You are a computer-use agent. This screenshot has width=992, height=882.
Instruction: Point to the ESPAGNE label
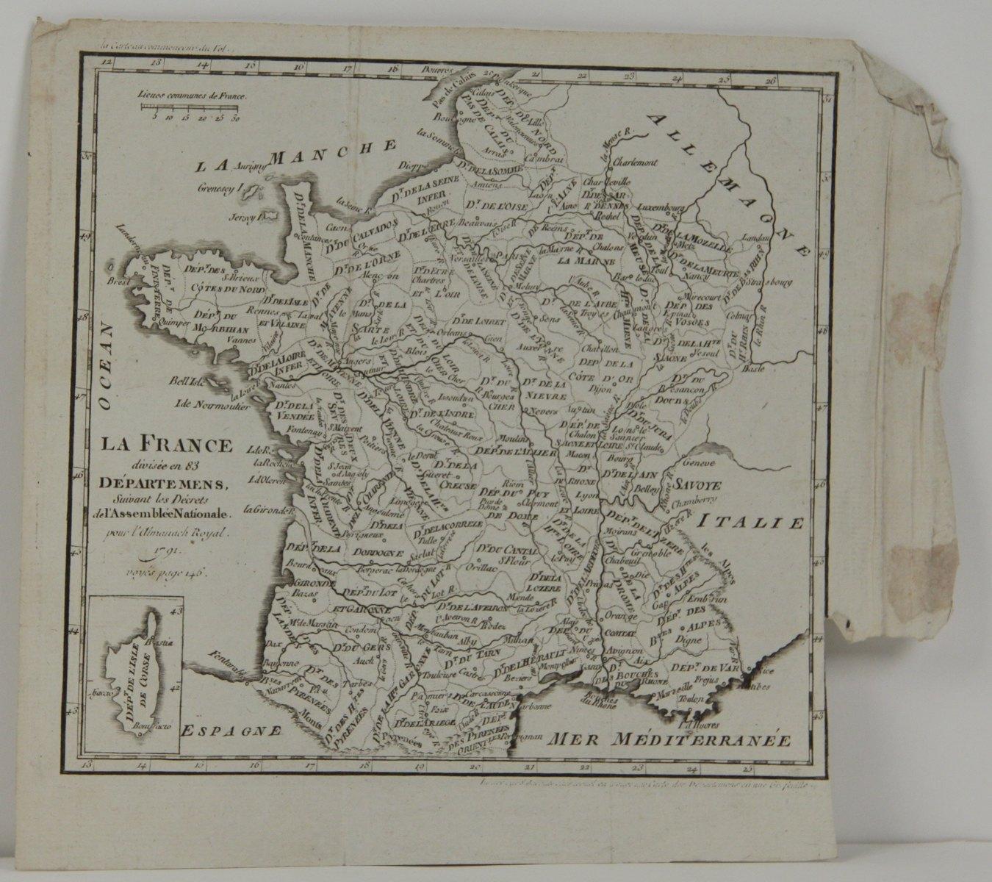pyautogui.click(x=231, y=730)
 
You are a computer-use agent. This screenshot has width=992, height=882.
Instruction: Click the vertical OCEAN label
pyautogui.click(x=107, y=367)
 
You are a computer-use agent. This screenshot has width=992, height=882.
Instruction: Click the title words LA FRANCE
pyautogui.click(x=166, y=445)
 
